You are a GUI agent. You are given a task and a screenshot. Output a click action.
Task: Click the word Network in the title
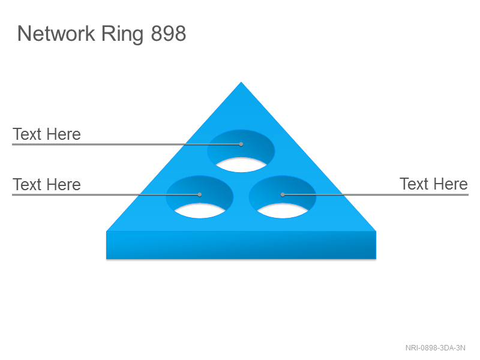(x=56, y=33)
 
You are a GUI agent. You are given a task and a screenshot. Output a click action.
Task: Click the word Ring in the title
(x=122, y=35)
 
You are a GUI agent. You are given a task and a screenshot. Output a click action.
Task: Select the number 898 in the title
(x=169, y=34)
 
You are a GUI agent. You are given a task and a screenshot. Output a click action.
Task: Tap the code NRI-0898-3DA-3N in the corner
(x=436, y=348)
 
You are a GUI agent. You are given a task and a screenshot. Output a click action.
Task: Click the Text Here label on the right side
(x=433, y=184)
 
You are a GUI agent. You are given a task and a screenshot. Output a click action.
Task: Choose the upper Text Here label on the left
(x=47, y=134)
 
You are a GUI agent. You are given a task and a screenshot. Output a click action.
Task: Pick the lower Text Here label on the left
(x=47, y=185)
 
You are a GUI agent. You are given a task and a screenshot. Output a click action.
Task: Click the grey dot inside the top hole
(x=241, y=144)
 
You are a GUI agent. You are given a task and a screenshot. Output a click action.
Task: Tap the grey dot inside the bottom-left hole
(x=200, y=194)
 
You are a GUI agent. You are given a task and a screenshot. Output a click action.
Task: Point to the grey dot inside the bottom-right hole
(x=283, y=194)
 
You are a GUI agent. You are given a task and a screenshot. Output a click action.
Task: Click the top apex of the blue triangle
(x=241, y=82)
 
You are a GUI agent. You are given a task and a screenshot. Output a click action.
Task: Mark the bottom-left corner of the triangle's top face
(x=106, y=231)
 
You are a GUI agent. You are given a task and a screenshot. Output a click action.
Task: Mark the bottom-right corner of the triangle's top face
(x=376, y=231)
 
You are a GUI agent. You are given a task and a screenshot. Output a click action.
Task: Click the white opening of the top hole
(x=241, y=166)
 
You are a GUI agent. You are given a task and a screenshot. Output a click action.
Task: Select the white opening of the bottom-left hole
(x=200, y=211)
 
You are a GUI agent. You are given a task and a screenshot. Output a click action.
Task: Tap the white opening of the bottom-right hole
(x=283, y=211)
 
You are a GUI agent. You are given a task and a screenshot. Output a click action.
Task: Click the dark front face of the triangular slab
(x=241, y=245)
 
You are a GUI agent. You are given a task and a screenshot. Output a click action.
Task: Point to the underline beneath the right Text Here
(x=376, y=194)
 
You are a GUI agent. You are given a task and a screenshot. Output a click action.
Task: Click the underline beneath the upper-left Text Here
(x=127, y=144)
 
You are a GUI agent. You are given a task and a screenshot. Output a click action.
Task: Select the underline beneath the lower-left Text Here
(x=106, y=194)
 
